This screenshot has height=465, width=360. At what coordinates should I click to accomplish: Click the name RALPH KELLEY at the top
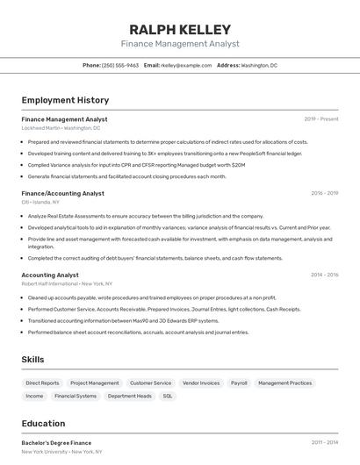click(x=180, y=29)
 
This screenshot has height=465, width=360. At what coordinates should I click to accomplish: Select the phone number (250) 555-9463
click(x=120, y=65)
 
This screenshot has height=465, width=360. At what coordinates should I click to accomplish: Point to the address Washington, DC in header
click(x=259, y=65)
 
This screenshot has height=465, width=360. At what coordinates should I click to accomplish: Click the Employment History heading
click(x=65, y=100)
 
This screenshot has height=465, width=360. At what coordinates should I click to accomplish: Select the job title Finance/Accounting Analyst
click(x=62, y=193)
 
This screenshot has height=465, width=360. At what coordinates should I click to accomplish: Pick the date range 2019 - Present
click(x=321, y=119)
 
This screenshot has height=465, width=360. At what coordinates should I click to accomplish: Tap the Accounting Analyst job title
click(x=50, y=275)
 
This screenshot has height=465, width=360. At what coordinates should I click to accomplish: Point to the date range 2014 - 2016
click(x=324, y=275)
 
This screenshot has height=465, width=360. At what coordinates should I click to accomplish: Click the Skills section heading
click(x=33, y=360)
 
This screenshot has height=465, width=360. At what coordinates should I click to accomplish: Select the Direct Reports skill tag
click(x=42, y=383)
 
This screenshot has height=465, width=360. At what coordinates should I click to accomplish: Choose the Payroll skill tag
click(x=239, y=383)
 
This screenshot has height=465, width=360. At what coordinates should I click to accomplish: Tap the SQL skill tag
click(x=168, y=396)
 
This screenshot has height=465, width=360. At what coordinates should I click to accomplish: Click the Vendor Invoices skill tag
click(x=201, y=383)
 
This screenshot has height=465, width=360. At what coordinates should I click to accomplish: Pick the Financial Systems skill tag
click(x=76, y=396)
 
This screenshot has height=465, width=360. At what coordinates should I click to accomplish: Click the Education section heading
click(x=43, y=423)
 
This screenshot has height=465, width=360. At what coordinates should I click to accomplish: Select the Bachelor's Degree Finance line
click(x=56, y=443)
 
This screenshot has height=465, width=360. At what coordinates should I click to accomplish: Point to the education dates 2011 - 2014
click(x=324, y=443)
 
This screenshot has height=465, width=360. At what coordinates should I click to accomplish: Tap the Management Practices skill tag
click(x=284, y=383)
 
